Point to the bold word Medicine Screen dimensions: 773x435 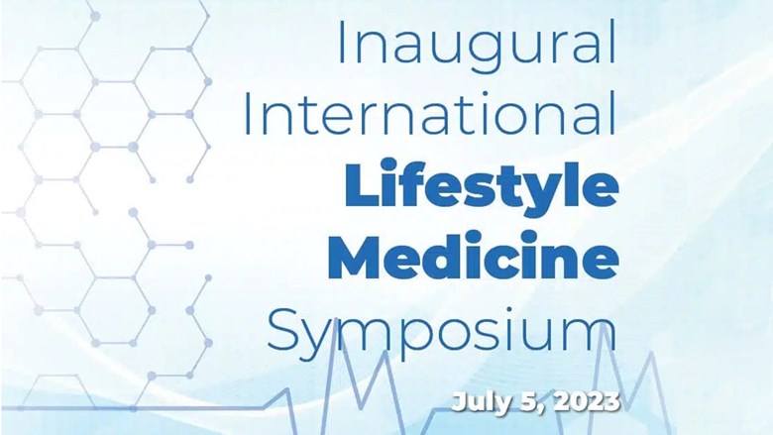474,256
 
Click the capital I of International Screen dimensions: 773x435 249,112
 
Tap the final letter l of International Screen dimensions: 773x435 613,112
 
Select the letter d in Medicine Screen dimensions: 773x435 455,256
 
